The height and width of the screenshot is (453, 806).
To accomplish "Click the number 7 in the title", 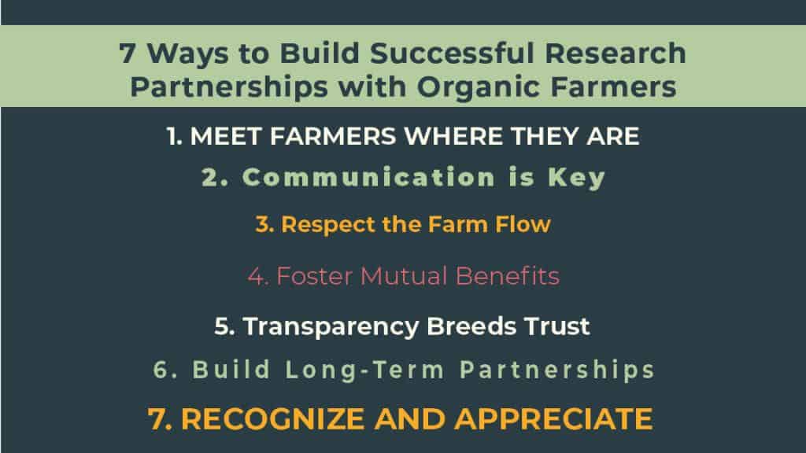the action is (x=128, y=53).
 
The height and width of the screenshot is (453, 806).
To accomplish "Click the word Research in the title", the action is (x=616, y=53).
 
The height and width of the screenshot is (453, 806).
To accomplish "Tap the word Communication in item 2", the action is (x=368, y=178).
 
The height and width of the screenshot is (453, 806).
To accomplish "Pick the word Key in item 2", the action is (x=577, y=179).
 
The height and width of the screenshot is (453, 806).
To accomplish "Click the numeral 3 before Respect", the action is (x=264, y=224).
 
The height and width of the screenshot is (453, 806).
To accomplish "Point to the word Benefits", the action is (x=508, y=276).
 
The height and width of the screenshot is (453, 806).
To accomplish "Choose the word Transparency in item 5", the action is (x=331, y=327).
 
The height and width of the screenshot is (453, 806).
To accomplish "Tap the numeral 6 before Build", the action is (x=161, y=370).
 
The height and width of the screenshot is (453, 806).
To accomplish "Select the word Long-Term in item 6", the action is (x=365, y=370).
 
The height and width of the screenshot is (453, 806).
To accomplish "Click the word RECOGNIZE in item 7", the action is (x=273, y=419).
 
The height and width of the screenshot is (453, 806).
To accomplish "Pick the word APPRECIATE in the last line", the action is (x=553, y=419).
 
